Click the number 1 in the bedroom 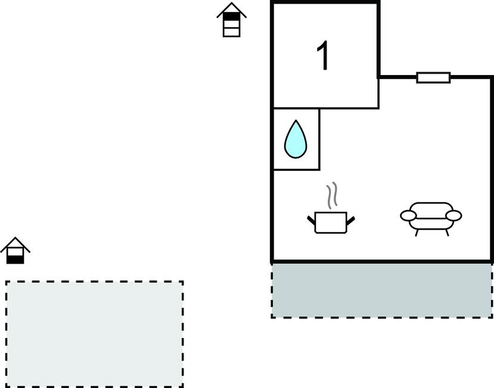pyautogui.click(x=323, y=57)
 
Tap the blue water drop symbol pyautogui.click(x=296, y=140)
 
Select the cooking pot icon pyautogui.click(x=331, y=222)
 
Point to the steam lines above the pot pyautogui.click(x=331, y=194)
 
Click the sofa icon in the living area pyautogui.click(x=431, y=217)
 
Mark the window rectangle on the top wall pyautogui.click(x=433, y=77)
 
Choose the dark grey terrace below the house pyautogui.click(x=382, y=290)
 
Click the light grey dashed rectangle pyautogui.click(x=94, y=333)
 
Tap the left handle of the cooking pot pyautogui.click(x=311, y=221)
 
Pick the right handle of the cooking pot pyautogui.click(x=351, y=221)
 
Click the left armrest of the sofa pyautogui.click(x=408, y=215)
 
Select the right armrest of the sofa pyautogui.click(x=454, y=215)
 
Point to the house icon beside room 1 pyautogui.click(x=232, y=20)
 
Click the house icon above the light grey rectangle pyautogui.click(x=15, y=250)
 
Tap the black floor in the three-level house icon pyautogui.click(x=232, y=16)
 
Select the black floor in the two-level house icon pyautogui.click(x=15, y=259)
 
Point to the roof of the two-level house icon pyautogui.click(x=15, y=242)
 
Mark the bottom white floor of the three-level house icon pyautogui.click(x=232, y=32)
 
